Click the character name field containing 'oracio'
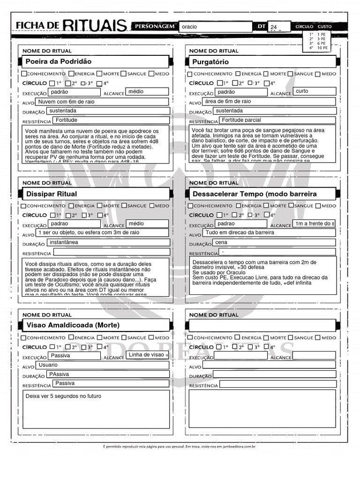[216, 27]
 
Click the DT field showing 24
[279, 27]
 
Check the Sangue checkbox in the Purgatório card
[291, 74]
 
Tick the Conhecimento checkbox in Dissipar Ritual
[24, 205]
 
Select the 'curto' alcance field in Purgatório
[314, 91]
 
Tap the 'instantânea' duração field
[108, 242]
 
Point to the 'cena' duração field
[274, 242]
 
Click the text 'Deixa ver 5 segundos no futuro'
[63, 396]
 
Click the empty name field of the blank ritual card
[262, 325]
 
